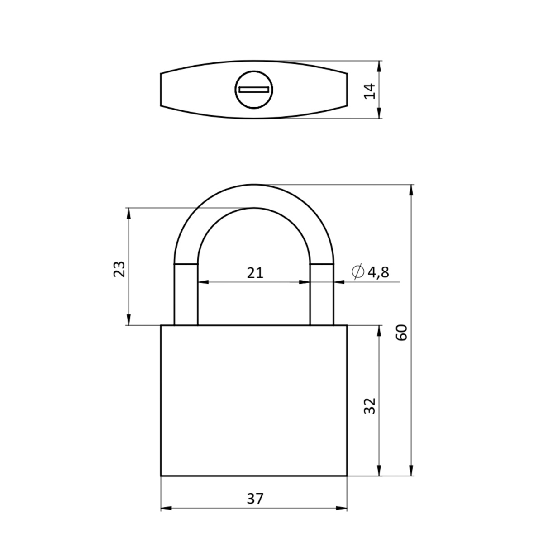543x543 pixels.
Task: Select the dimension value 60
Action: coord(402,333)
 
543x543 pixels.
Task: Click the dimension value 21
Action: coord(255,273)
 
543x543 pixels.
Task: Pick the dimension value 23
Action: coord(119,269)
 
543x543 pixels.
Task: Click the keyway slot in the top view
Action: coord(254,90)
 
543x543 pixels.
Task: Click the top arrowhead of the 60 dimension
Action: coord(411,190)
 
